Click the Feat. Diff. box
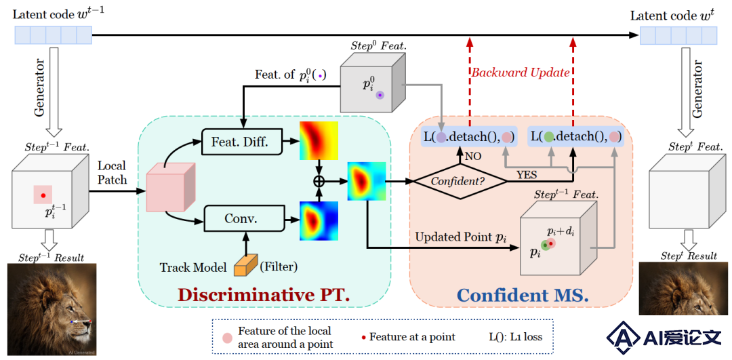(242, 141)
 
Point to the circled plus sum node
(319, 182)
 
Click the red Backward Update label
(520, 73)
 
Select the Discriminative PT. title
(264, 296)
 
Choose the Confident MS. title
(523, 296)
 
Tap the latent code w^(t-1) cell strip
(54, 35)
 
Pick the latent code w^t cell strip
(678, 35)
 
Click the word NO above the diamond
(473, 155)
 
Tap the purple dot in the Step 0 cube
(380, 95)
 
